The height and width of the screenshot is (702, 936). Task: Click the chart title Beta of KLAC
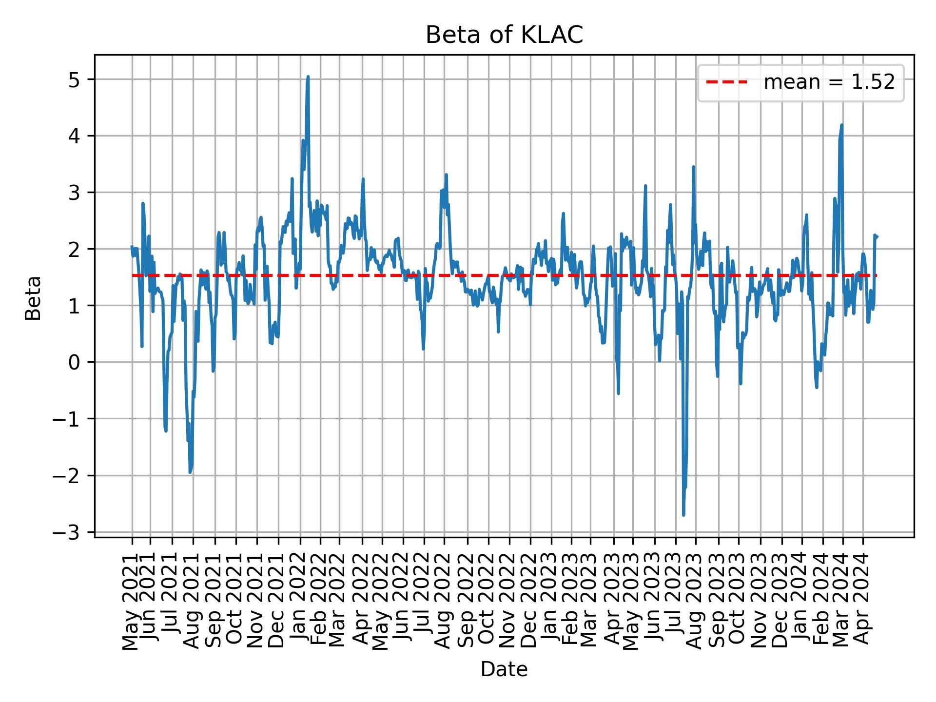(504, 35)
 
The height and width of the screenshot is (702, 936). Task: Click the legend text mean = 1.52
(829, 83)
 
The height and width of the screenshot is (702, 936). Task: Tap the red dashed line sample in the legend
(726, 83)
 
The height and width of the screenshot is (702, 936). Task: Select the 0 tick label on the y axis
(74, 362)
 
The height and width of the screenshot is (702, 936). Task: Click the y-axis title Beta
(33, 298)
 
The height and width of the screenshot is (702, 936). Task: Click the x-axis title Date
(504, 670)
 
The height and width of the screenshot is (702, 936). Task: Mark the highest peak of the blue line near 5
(308, 77)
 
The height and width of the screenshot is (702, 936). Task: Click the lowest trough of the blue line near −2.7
(683, 515)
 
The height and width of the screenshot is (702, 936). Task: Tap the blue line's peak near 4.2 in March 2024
(841, 125)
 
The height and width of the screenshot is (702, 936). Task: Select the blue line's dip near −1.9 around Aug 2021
(190, 472)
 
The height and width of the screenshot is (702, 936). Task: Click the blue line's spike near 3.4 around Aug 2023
(693, 167)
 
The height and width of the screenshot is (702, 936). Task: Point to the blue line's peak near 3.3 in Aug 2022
(446, 175)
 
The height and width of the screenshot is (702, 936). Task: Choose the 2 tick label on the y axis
(74, 249)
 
